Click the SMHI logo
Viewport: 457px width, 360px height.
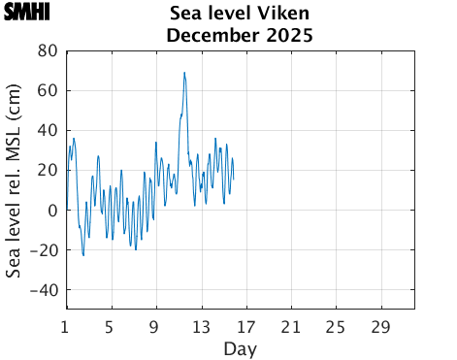(x=26, y=13)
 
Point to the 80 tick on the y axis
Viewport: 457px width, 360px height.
(x=47, y=50)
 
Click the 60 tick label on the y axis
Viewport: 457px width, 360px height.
(x=47, y=90)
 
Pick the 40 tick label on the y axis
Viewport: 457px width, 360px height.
(x=47, y=130)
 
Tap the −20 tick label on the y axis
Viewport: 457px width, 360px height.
(x=42, y=250)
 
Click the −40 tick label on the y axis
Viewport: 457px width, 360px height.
(x=42, y=290)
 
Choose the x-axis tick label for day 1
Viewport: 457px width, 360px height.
(x=66, y=325)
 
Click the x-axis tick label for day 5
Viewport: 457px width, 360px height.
(x=111, y=325)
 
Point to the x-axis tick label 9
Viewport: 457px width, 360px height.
(x=155, y=325)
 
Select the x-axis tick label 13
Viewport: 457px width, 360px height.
(x=201, y=325)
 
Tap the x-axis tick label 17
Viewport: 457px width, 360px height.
(x=245, y=325)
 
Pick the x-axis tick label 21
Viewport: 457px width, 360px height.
(x=290, y=325)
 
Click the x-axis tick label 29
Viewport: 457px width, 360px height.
(x=380, y=325)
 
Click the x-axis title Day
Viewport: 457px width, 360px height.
(x=240, y=347)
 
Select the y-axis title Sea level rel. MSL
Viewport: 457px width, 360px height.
(x=14, y=180)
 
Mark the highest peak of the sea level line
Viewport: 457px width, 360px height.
(x=184, y=72)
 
